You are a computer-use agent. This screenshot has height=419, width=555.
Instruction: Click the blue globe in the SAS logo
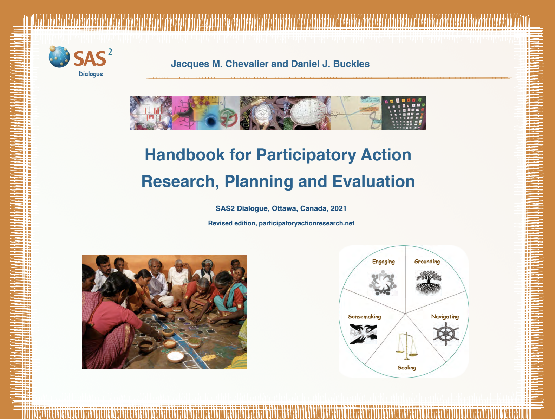pos(59,57)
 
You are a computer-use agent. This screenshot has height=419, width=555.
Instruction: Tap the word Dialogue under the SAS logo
pos(91,74)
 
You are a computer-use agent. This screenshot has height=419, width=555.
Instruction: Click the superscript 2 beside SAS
pos(110,52)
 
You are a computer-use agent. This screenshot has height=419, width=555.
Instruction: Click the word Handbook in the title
pos(184,155)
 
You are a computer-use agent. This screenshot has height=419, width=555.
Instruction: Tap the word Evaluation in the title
pos(373,181)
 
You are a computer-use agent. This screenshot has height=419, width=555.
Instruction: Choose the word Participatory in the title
pos(306,155)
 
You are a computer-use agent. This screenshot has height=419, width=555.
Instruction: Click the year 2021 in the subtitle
pos(338,208)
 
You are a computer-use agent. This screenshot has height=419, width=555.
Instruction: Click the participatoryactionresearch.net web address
pos(306,223)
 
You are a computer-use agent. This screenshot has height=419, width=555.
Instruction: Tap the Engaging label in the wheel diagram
pos(383,262)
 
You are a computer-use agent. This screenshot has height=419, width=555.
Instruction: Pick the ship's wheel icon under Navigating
pos(446,334)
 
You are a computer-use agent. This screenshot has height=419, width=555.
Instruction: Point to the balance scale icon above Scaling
pos(406,346)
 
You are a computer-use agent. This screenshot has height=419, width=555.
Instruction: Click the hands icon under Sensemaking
pos(364,334)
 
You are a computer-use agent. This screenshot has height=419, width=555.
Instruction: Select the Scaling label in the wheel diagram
pos(406,368)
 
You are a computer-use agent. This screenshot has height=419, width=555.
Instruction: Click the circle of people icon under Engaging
pos(383,283)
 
